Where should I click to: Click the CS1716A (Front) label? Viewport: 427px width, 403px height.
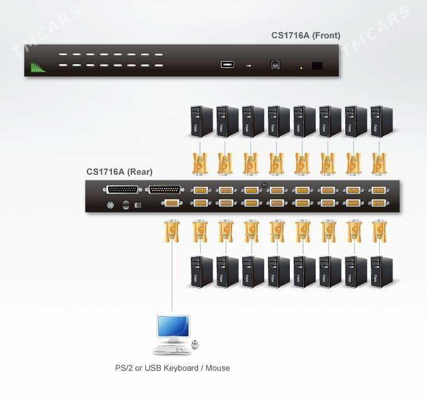click(x=306, y=35)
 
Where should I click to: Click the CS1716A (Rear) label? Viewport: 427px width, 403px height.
click(x=119, y=172)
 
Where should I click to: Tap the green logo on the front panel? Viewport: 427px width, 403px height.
click(x=38, y=67)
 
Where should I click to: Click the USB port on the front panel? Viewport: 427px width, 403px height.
click(x=227, y=65)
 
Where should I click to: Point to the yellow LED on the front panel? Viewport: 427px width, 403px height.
click(x=301, y=68)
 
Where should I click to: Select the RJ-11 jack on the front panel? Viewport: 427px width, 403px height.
click(x=275, y=65)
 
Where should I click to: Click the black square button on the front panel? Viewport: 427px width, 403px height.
click(x=317, y=65)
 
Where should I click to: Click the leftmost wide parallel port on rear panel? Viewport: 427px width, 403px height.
click(x=122, y=189)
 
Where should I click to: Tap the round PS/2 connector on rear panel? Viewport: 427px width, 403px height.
click(x=110, y=205)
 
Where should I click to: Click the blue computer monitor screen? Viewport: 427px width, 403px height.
click(x=173, y=326)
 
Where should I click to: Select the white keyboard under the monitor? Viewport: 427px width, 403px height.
click(x=172, y=350)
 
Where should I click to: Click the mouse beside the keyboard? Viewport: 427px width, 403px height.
click(x=195, y=345)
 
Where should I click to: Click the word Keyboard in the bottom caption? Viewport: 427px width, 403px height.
click(x=181, y=368)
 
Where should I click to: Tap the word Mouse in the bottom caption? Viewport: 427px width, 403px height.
click(x=218, y=368)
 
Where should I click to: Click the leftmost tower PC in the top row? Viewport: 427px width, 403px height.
click(x=201, y=121)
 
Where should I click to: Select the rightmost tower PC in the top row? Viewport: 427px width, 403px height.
click(x=382, y=121)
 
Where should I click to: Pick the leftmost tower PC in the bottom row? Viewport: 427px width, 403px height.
click(x=201, y=272)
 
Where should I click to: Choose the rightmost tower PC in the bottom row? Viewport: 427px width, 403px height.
click(x=382, y=272)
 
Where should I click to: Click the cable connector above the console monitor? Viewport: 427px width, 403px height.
click(x=172, y=231)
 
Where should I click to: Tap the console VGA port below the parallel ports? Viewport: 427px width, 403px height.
click(x=172, y=203)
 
